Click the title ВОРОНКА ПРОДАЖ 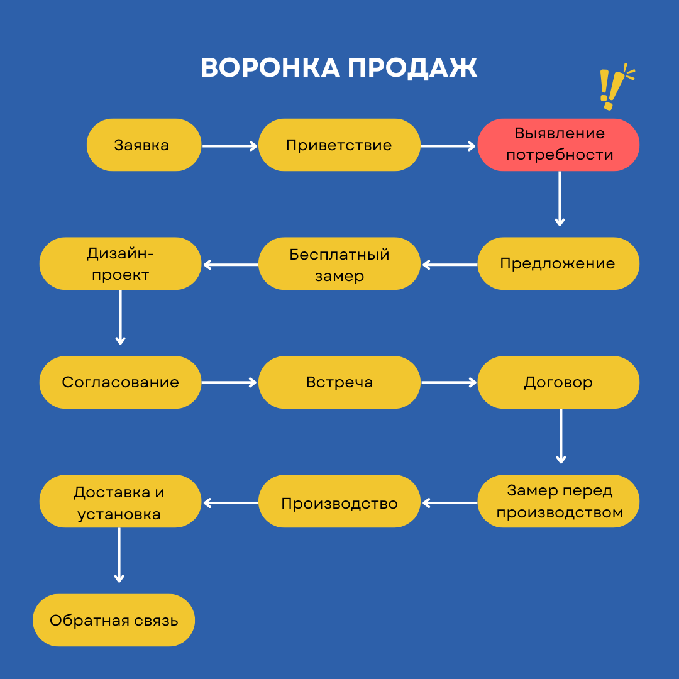(x=339, y=68)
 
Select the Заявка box (x=144, y=145)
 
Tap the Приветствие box (x=339, y=145)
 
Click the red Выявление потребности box (x=558, y=145)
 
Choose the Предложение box (x=558, y=263)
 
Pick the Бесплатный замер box (x=339, y=263)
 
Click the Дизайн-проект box (x=120, y=263)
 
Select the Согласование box (x=120, y=382)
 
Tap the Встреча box (x=339, y=382)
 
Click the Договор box (x=558, y=382)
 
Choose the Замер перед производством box (x=558, y=501)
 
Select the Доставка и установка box (x=120, y=501)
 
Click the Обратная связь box (x=114, y=620)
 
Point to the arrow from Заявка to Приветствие (x=229, y=146)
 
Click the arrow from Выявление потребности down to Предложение (x=560, y=198)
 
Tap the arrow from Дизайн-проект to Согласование (x=120, y=317)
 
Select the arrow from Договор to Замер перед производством (x=561, y=436)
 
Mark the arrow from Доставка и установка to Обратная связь (x=119, y=555)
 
